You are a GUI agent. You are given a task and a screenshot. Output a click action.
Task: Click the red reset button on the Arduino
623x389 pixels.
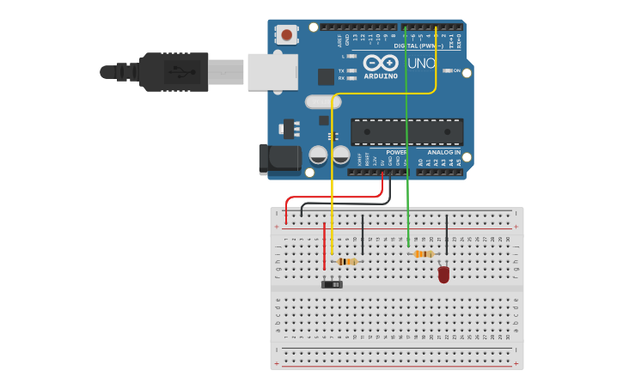tap(286, 35)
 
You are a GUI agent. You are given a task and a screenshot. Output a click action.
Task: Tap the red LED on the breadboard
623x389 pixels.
tap(443, 274)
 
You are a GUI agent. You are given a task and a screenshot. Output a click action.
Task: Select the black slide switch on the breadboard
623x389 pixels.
tap(332, 284)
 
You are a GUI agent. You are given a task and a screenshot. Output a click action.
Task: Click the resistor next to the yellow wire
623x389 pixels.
tap(347, 261)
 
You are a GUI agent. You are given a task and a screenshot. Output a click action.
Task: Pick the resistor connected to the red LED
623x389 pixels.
tap(423, 254)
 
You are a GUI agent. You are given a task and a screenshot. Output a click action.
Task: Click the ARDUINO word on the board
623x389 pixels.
tap(381, 76)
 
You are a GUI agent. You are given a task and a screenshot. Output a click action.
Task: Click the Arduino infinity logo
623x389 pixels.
tap(381, 63)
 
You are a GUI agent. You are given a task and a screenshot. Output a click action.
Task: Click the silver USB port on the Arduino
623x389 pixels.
tap(272, 71)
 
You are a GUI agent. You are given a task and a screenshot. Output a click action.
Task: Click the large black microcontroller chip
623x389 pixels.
tap(406, 131)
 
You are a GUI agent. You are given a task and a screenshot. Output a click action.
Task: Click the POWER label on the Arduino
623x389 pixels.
tap(396, 152)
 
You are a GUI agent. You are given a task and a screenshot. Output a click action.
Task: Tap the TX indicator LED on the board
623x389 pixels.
tap(351, 70)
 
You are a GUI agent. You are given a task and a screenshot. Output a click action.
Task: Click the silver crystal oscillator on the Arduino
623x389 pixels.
tap(323, 101)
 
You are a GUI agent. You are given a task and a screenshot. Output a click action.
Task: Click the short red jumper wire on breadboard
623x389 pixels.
tap(324, 249)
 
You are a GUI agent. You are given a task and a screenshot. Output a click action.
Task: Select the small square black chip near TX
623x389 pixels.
tap(326, 76)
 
